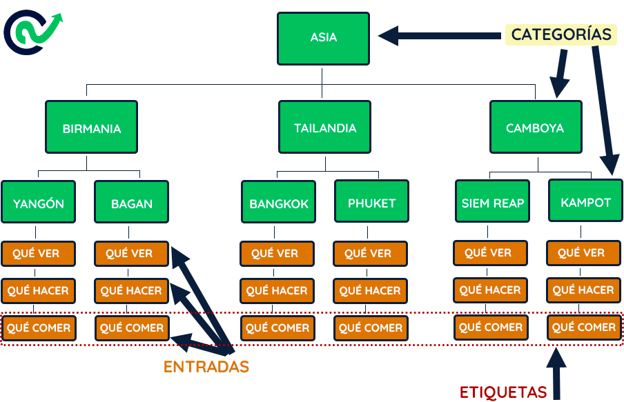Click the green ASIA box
pos(323,37)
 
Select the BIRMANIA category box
pos(91,128)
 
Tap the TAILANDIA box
pos(324,128)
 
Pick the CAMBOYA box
pos(535,128)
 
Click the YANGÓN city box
pos(39,203)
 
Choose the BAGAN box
pos(131,203)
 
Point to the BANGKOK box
pos(279,203)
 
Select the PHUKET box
pos(371,202)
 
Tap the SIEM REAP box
pos(493,202)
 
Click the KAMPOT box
pos(585,202)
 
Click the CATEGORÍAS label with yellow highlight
pos(560,34)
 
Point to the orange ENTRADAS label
pos(206,367)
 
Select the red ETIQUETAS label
pos(503,392)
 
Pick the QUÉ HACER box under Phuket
pos(371,291)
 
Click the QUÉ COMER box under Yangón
pos(39,328)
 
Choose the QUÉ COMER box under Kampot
pos(584,328)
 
